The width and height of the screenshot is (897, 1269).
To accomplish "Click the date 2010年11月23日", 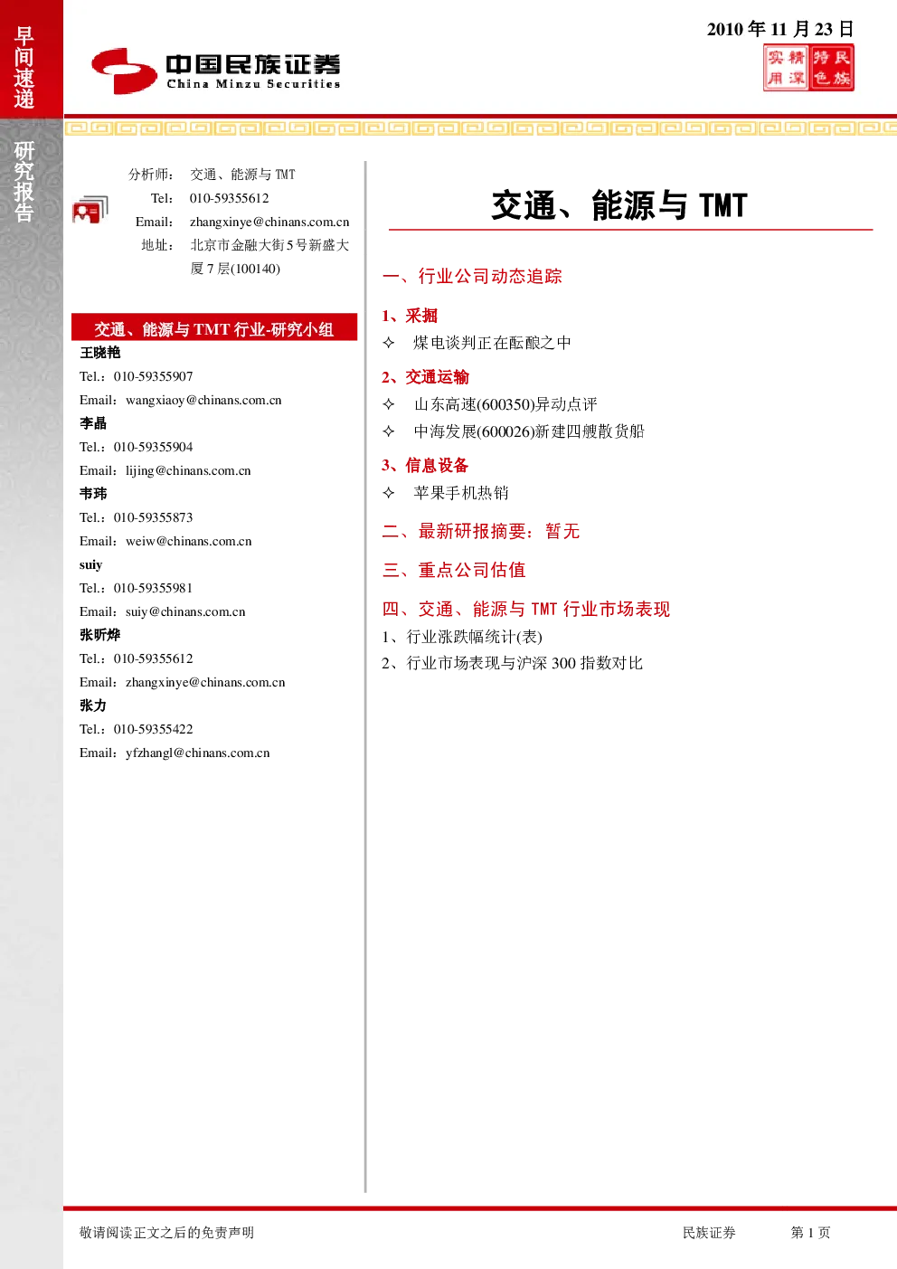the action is coord(780,29).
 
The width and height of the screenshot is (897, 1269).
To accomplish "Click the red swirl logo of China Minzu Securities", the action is coord(124,71).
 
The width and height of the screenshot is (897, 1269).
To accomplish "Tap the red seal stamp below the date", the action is coord(808,68).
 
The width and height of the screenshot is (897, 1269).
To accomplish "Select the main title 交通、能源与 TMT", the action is coord(619,205).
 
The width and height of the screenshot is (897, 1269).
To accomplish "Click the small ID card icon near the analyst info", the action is coord(90,209).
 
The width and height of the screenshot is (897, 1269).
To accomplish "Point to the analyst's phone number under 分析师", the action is coord(230,198).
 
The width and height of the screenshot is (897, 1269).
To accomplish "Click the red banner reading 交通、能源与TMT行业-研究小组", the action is coord(214,327).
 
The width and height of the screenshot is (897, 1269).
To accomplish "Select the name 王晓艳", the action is coord(100,353).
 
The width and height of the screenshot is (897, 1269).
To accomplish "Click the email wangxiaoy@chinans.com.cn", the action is coord(203,400).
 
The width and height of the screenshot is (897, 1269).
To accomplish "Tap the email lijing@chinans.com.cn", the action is coord(188,470).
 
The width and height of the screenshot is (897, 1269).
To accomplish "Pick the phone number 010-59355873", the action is coord(154,517).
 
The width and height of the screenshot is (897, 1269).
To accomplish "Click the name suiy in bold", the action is coord(91,564).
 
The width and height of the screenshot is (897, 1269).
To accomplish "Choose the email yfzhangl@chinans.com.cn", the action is coord(198,753).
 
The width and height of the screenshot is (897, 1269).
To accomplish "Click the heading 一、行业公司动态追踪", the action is coord(472,276).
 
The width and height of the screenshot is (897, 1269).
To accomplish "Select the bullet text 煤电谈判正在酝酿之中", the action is coord(492,343).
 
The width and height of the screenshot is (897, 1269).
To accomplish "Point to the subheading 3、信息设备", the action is coord(425,466).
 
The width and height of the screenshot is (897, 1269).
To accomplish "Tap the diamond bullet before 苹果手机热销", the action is coord(389,493).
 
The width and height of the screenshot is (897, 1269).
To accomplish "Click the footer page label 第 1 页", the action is coord(810,1232).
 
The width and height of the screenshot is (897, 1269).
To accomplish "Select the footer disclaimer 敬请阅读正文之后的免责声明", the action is coord(167,1232).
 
